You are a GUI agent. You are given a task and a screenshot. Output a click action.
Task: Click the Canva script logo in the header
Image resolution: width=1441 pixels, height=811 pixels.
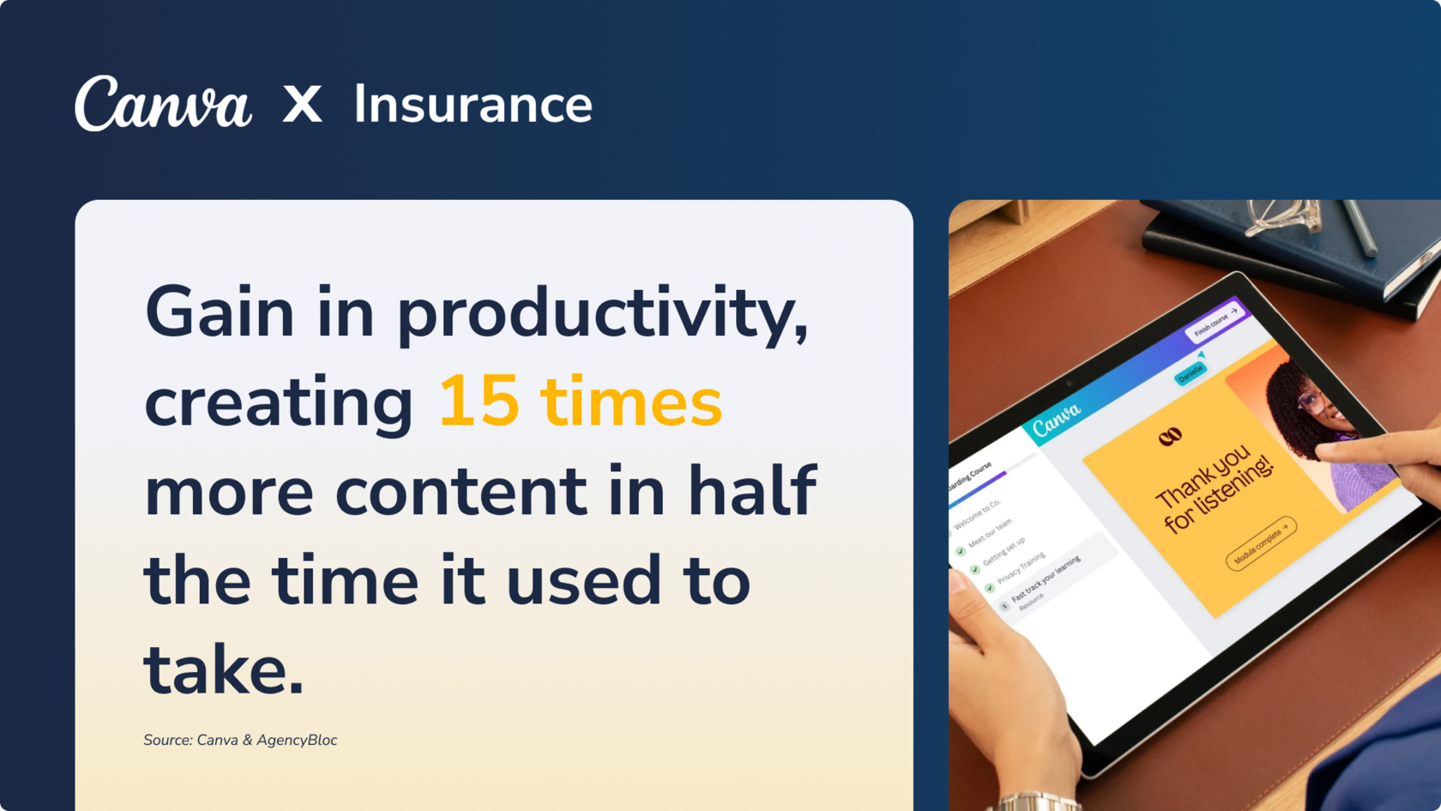click(163, 105)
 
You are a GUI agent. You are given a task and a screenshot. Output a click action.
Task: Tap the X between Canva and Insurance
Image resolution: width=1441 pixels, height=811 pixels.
click(302, 105)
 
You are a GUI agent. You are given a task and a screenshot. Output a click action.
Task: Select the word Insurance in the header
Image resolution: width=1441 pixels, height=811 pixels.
click(473, 105)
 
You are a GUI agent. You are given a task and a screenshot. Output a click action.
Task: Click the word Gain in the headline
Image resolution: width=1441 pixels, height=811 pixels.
click(220, 312)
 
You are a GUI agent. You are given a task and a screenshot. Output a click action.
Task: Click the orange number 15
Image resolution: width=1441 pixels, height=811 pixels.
click(479, 402)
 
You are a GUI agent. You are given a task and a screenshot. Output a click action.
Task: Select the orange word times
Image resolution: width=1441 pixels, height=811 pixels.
click(631, 402)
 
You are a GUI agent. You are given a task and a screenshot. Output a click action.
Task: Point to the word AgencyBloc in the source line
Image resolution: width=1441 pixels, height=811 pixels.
click(297, 740)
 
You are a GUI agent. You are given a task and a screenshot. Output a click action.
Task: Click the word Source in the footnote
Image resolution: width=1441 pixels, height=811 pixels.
click(166, 740)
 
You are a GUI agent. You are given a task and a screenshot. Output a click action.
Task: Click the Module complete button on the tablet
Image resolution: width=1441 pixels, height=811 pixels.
click(1260, 543)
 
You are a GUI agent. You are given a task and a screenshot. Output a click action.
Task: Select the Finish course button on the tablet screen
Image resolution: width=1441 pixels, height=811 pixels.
click(1215, 323)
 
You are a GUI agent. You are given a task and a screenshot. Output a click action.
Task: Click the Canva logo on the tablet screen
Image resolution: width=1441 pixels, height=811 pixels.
click(1056, 419)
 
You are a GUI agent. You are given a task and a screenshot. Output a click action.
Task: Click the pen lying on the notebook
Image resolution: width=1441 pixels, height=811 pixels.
click(1360, 227)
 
